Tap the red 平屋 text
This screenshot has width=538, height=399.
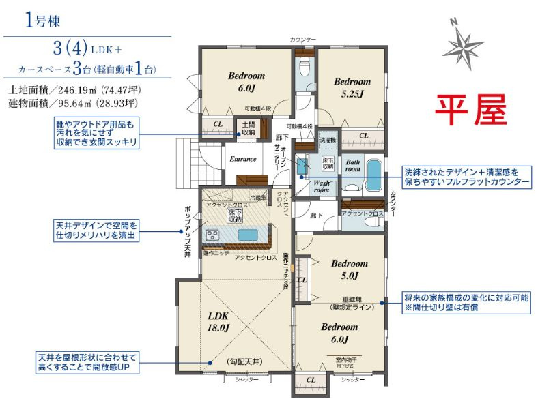(x=472, y=108)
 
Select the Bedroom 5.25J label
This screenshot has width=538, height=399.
(x=352, y=87)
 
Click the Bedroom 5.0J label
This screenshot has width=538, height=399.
(x=349, y=269)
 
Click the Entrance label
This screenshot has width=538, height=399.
(x=242, y=159)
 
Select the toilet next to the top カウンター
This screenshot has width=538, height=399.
(x=304, y=68)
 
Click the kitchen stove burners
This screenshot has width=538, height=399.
(x=212, y=235)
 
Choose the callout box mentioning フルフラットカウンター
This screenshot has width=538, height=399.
(x=465, y=178)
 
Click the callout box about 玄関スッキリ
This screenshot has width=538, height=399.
(x=97, y=133)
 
